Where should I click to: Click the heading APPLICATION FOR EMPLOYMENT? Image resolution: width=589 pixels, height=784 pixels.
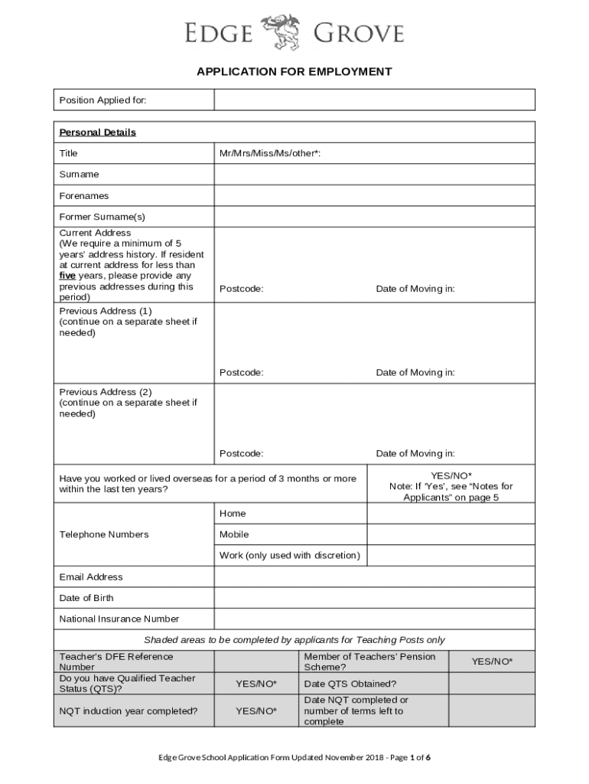[x=294, y=72]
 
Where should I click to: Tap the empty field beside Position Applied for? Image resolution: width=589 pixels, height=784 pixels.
[x=374, y=100]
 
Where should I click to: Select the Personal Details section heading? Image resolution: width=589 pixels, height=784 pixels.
[x=98, y=132]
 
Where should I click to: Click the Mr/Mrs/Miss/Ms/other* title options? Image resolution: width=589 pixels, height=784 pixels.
[x=270, y=154]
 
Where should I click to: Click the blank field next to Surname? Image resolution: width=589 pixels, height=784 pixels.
[x=374, y=175]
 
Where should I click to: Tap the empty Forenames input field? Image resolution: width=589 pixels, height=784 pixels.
[x=374, y=196]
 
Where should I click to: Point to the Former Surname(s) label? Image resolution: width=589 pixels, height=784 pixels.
[x=103, y=217]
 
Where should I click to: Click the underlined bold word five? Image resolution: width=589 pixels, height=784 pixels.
[x=67, y=276]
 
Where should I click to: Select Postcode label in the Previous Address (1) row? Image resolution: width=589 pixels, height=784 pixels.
[x=242, y=373]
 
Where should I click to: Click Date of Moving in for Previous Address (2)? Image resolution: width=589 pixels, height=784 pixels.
[x=415, y=454]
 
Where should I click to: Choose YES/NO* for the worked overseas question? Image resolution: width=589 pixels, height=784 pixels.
[x=451, y=475]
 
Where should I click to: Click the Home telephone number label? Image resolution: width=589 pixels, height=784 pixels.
[x=233, y=514]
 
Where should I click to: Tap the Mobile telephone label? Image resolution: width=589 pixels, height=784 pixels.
[x=234, y=534]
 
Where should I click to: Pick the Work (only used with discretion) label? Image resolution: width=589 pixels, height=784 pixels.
[x=290, y=555]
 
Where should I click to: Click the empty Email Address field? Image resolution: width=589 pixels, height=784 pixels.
[x=374, y=577]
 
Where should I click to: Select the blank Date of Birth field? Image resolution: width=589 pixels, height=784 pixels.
[x=374, y=598]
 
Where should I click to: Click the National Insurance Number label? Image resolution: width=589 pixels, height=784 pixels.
[x=119, y=619]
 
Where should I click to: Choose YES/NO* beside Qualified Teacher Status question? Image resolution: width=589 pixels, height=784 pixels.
[x=256, y=684]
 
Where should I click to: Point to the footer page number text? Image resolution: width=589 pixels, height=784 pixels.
[x=294, y=758]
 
